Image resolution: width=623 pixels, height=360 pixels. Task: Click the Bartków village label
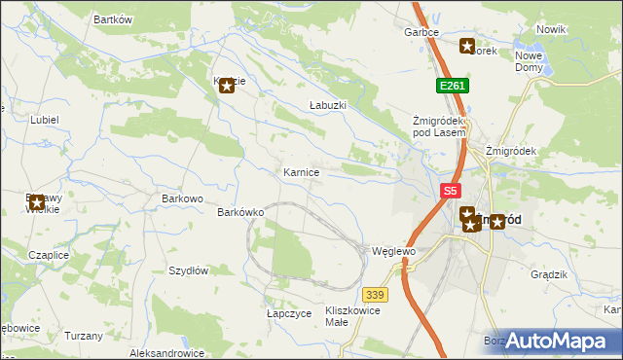[112, 19]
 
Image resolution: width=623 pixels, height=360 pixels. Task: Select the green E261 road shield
[453, 86]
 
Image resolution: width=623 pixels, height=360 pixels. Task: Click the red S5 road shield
[450, 192]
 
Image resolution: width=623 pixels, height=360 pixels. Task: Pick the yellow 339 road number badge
[375, 293]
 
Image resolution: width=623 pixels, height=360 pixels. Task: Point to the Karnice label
[301, 172]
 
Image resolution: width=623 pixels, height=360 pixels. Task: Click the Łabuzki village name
[327, 104]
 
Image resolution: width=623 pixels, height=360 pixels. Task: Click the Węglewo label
[394, 251]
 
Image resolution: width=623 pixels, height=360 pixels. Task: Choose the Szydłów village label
[189, 271]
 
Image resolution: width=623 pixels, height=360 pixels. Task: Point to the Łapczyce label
[289, 314]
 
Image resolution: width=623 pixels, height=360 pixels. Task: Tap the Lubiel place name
[45, 120]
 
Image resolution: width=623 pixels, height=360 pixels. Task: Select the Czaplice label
[48, 255]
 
